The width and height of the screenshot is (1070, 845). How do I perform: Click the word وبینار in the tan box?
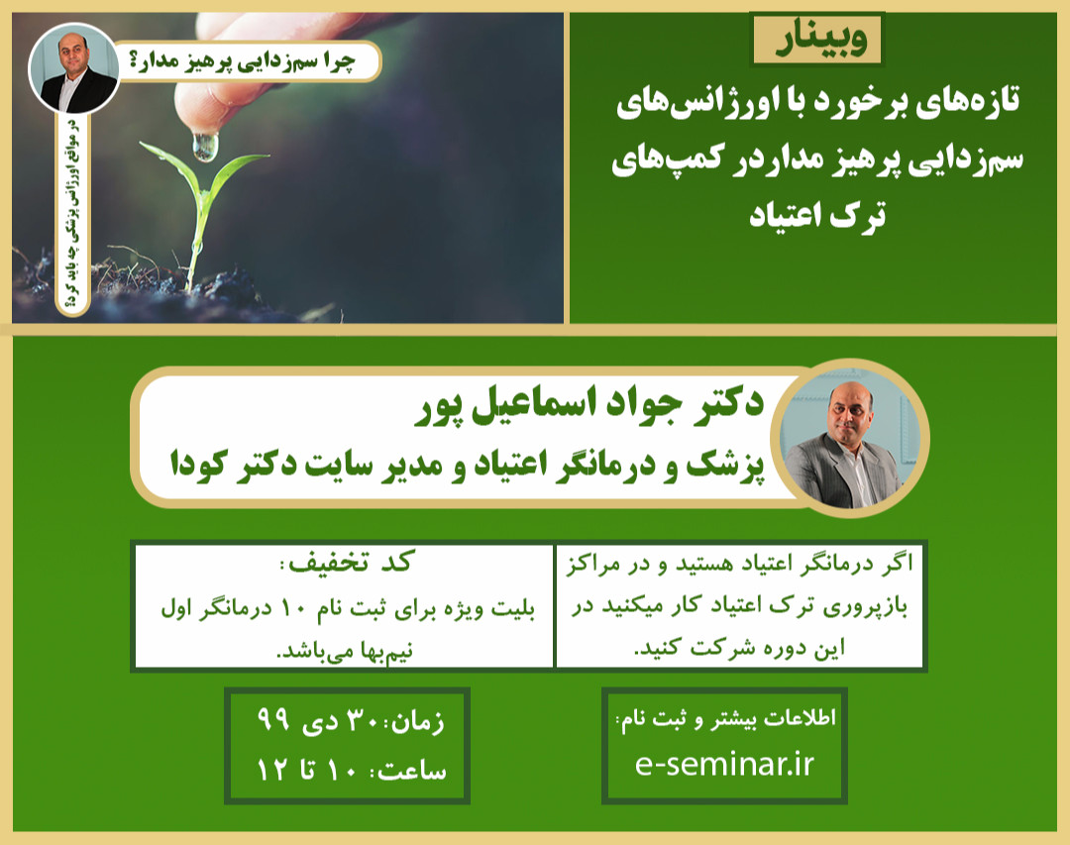pyautogui.click(x=816, y=42)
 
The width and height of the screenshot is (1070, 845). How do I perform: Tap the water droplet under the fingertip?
pyautogui.click(x=205, y=147)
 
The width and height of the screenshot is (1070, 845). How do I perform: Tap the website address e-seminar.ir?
pyautogui.click(x=724, y=764)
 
